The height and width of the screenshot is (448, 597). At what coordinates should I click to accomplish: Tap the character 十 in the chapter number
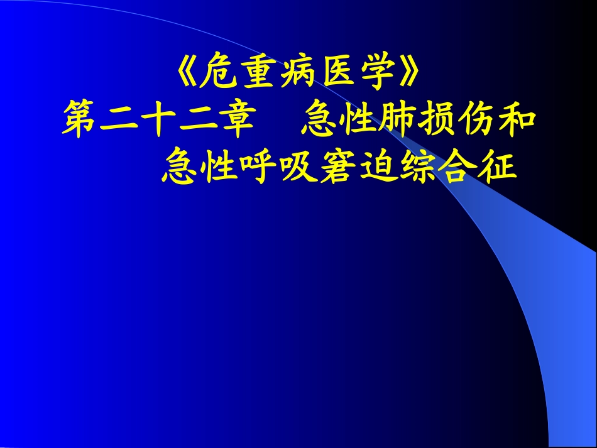tap(158, 121)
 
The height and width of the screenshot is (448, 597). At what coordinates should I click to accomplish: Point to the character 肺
tap(398, 121)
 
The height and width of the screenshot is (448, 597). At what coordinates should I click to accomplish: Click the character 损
tap(437, 121)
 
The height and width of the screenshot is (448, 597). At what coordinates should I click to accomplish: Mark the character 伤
tap(476, 121)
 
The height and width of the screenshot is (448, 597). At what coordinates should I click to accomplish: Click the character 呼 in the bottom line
tap(260, 166)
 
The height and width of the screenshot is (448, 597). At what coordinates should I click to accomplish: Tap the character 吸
tap(298, 166)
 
